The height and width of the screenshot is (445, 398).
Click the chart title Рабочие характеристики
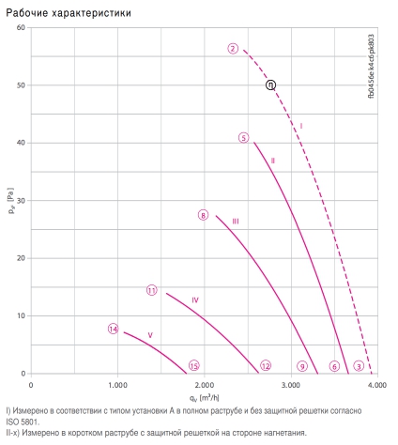(x=69, y=13)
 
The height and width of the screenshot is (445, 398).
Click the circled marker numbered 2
(x=233, y=49)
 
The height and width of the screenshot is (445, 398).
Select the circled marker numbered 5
(x=243, y=138)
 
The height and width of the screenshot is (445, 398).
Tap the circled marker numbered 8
(x=203, y=215)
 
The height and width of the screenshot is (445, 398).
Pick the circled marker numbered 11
(x=152, y=290)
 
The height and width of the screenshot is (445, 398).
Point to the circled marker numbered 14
(x=113, y=329)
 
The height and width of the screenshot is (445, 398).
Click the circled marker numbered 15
(x=194, y=365)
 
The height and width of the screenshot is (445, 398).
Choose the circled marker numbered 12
(x=266, y=365)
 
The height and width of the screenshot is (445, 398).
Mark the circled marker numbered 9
(x=302, y=366)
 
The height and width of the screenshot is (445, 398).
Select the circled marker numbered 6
(x=334, y=366)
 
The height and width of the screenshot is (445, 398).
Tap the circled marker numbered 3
(x=359, y=366)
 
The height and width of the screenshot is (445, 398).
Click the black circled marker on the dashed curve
(x=270, y=84)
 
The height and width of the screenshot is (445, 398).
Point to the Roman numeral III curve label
(x=236, y=222)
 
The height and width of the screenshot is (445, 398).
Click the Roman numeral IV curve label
(x=195, y=300)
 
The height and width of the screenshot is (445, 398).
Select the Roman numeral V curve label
(x=150, y=335)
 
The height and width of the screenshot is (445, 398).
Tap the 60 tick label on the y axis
(x=21, y=27)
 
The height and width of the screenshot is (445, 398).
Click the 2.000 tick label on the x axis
(x=205, y=385)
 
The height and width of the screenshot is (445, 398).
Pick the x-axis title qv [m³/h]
(x=205, y=398)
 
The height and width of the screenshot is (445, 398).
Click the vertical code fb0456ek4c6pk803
(x=371, y=67)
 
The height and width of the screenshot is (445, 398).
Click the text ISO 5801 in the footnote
(x=23, y=422)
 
